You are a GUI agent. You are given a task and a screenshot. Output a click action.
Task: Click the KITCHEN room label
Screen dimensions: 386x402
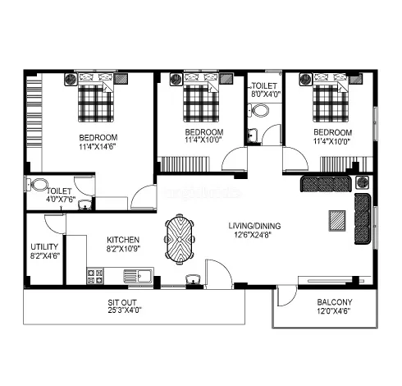[122, 241]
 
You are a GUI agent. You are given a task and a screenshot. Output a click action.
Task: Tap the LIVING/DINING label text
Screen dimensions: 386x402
[252, 225]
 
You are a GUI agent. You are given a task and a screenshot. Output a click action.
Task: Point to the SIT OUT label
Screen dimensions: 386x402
[122, 302]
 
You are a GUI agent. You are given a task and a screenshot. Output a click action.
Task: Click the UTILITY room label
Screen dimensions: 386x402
[43, 246]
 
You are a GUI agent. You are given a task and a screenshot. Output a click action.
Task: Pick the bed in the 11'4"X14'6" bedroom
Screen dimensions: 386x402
[95, 99]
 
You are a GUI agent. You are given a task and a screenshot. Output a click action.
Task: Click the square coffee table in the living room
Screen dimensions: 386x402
[336, 218]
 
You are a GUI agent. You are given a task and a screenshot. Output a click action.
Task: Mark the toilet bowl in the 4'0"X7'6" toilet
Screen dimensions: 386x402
[38, 184]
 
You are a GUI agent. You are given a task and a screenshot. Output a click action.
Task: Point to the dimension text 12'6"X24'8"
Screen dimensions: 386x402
[252, 235]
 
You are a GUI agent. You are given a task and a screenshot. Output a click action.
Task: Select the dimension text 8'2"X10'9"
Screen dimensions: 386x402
[122, 250]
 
